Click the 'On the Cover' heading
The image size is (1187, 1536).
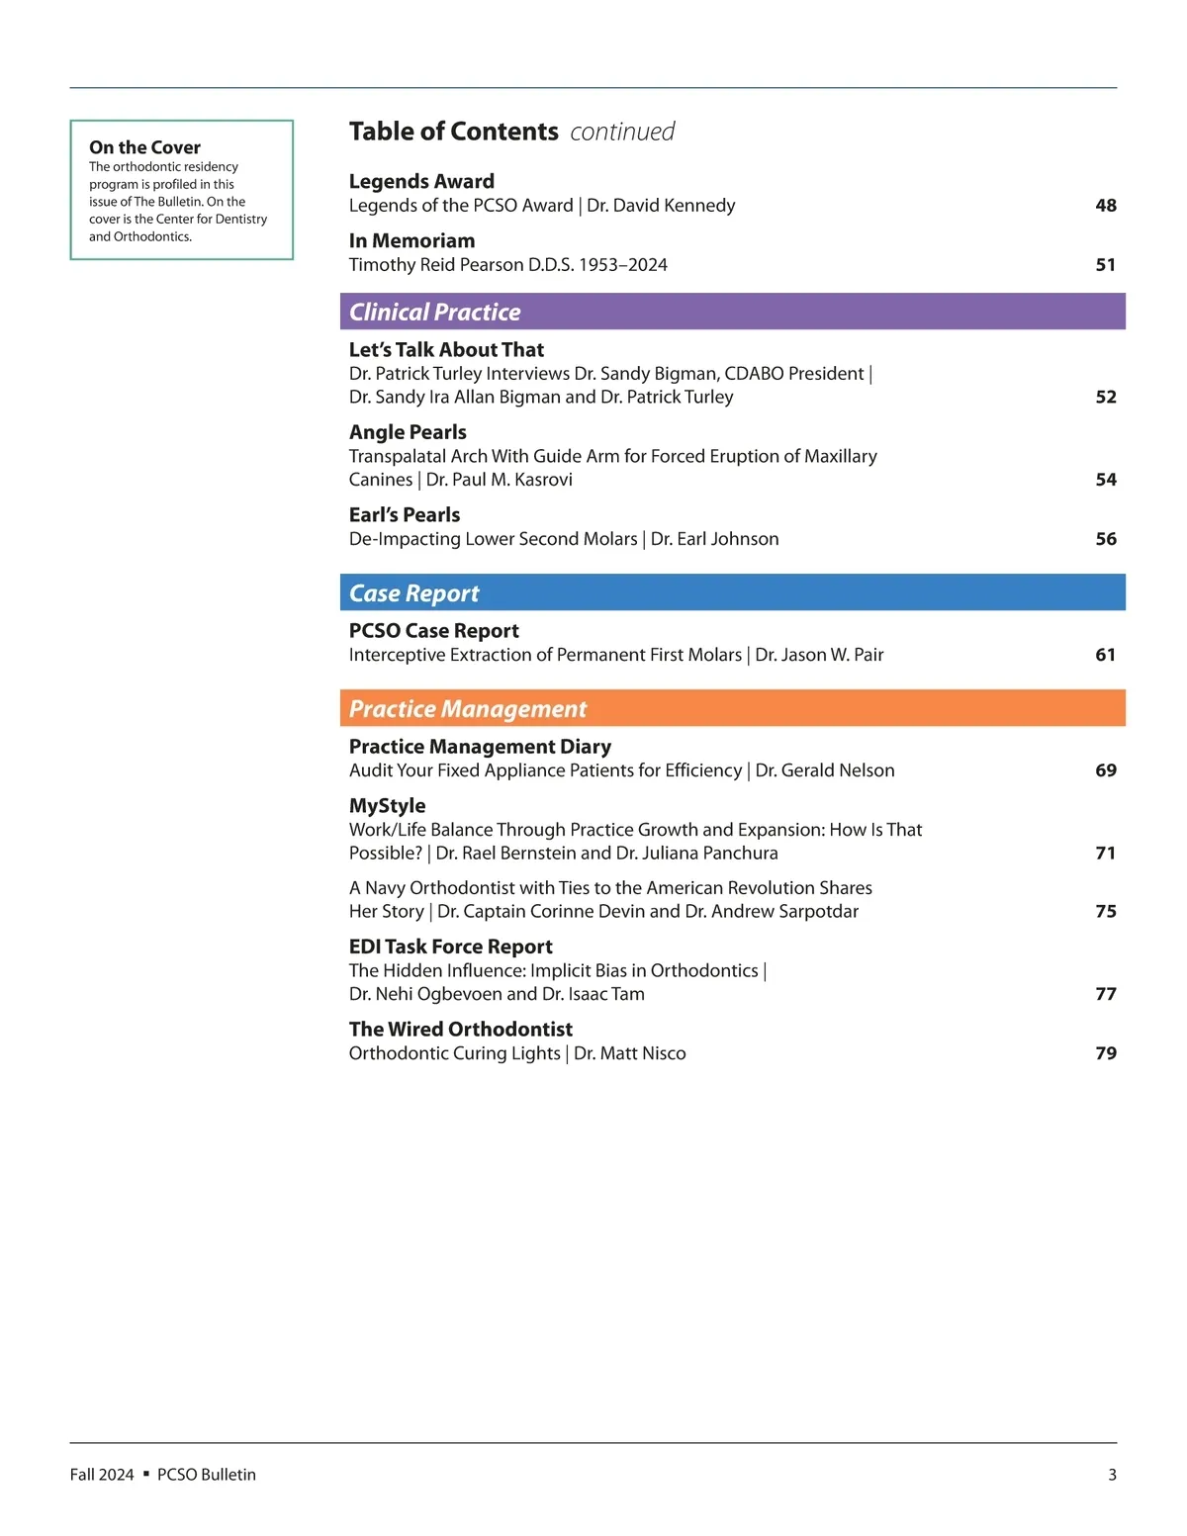tap(144, 147)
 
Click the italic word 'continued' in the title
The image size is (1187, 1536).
tap(622, 132)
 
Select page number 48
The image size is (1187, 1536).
tap(1105, 206)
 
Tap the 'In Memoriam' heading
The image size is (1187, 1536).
tap(411, 241)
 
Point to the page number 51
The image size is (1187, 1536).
tap(1105, 265)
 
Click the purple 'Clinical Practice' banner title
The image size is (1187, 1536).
tap(434, 313)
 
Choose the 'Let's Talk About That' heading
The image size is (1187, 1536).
tap(446, 350)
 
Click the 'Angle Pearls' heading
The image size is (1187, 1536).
tap(408, 432)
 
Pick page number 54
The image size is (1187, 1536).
tap(1105, 480)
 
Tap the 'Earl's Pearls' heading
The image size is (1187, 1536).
tap(405, 515)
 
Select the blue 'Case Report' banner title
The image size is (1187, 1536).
tap(413, 593)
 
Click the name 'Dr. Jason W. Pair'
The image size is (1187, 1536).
tap(819, 655)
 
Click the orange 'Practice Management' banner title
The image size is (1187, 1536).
tap(468, 709)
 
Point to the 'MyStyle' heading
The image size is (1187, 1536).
tap(387, 806)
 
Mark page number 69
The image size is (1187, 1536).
tap(1105, 770)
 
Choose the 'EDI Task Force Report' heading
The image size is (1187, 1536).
tap(450, 948)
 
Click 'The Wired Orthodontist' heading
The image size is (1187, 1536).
tap(460, 1030)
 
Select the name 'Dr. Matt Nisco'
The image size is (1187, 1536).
tap(629, 1053)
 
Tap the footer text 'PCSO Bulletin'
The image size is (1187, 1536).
tap(206, 1475)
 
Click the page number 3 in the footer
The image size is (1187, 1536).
tap(1112, 1475)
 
